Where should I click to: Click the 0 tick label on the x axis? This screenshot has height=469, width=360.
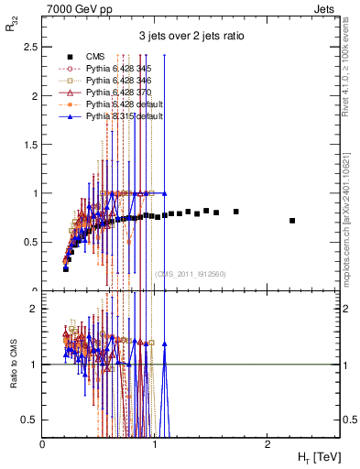43,443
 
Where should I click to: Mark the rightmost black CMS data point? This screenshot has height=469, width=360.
292,221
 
